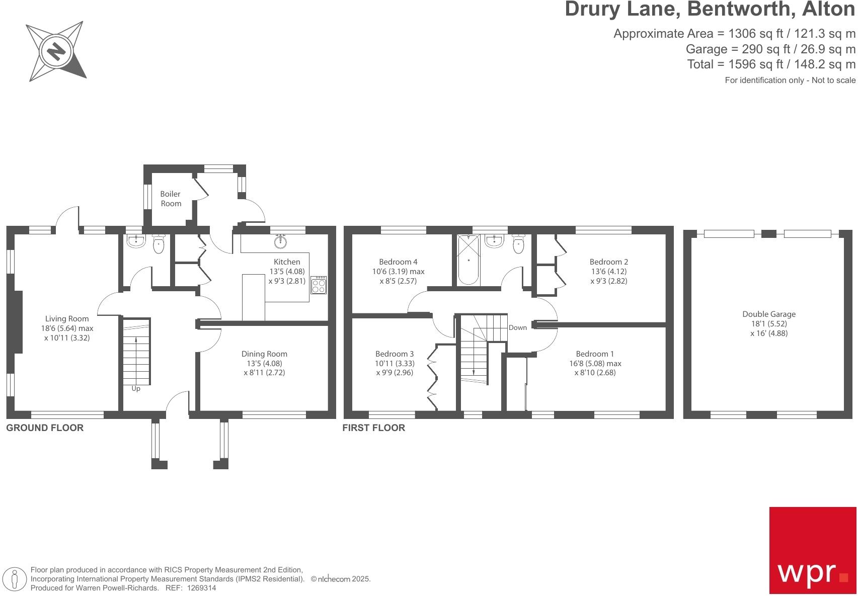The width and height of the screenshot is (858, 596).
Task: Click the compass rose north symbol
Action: point(56,51)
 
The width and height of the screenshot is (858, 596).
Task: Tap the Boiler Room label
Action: point(171,199)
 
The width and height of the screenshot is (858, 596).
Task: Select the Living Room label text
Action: point(67,318)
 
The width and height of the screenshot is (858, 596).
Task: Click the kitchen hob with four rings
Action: point(319,286)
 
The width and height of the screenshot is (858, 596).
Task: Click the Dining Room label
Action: point(264,354)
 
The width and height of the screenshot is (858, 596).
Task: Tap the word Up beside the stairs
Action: point(136,389)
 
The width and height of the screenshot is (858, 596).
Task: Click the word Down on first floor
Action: point(517,327)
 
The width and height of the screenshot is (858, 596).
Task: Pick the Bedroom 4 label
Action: point(398,262)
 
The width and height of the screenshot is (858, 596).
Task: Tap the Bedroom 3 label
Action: point(395,354)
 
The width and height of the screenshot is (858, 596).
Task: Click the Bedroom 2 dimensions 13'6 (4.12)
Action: point(608,271)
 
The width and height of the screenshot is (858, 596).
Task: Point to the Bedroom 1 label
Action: point(595,354)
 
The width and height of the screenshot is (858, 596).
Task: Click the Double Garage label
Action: point(769,314)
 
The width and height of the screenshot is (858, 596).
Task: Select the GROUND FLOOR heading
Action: point(45,428)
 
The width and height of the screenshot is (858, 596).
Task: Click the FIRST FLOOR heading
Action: point(373,428)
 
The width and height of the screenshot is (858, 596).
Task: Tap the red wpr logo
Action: point(812,550)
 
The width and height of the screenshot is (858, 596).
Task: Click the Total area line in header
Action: point(771,64)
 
